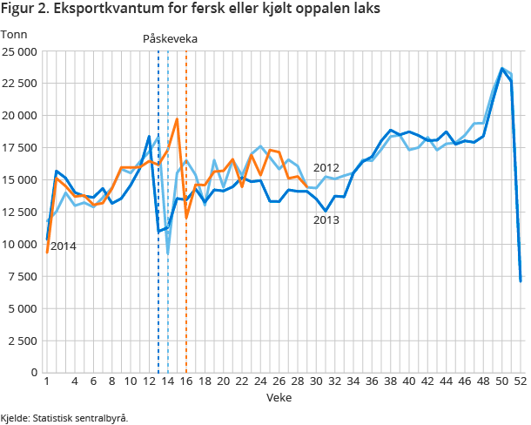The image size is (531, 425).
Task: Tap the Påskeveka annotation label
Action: (171, 39)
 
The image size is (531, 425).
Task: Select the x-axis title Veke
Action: (279, 396)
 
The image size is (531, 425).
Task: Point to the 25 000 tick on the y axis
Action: (19, 51)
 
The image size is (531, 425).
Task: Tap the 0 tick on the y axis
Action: (33, 373)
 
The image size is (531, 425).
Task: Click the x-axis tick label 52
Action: (521, 382)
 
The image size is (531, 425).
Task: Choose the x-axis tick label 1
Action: (46, 382)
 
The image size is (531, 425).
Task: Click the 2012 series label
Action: (326, 168)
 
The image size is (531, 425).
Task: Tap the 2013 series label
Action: (326, 220)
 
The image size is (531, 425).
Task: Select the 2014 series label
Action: (63, 246)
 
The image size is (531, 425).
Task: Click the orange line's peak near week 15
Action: (177, 119)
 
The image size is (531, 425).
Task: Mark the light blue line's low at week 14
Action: (167, 253)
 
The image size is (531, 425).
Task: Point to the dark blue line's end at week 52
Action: (521, 280)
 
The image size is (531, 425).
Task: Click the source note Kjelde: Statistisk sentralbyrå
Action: (64, 418)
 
